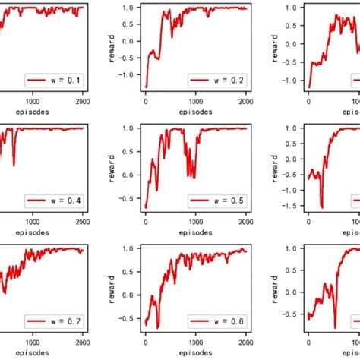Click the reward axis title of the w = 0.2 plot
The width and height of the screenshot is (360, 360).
[111, 47]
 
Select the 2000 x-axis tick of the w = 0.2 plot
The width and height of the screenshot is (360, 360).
[246, 99]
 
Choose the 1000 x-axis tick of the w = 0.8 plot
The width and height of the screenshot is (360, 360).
[196, 340]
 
